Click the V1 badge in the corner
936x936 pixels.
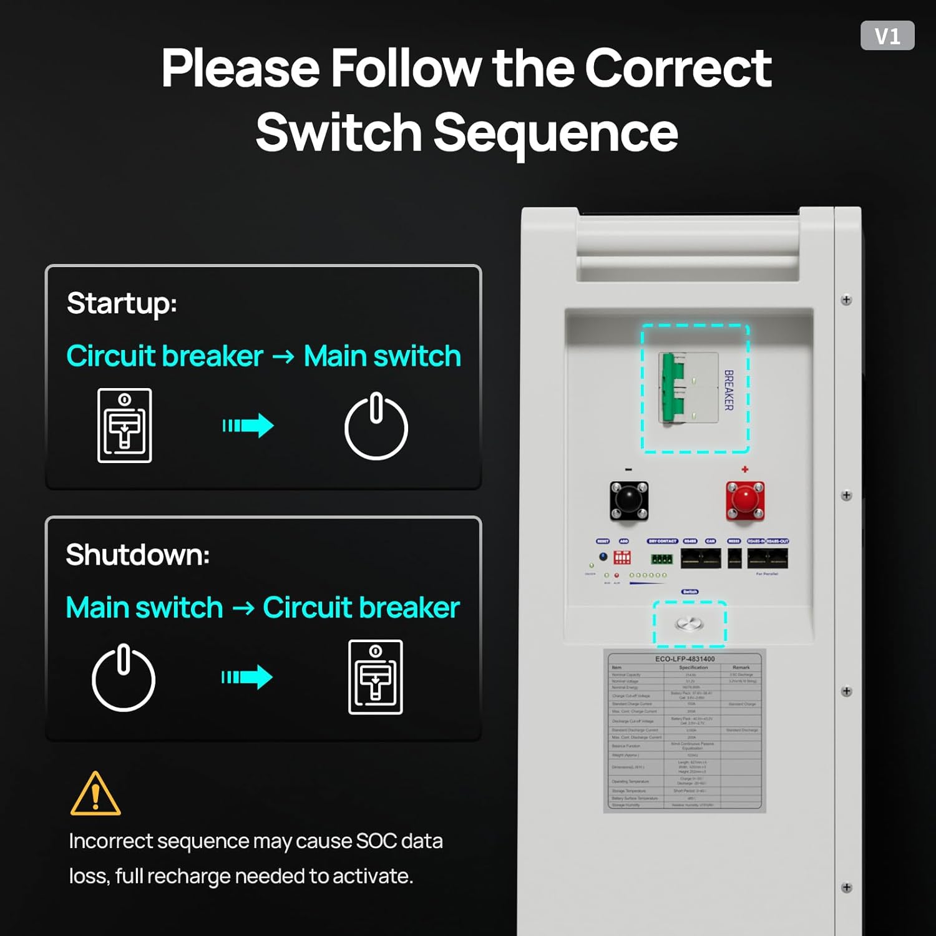pyautogui.click(x=887, y=36)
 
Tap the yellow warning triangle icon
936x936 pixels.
pyautogui.click(x=95, y=794)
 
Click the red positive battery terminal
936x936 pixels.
pyautogui.click(x=744, y=500)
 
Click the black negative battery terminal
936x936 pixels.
pyautogui.click(x=628, y=500)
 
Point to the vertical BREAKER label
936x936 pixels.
pyautogui.click(x=728, y=390)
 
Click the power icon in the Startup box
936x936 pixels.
pyautogui.click(x=376, y=426)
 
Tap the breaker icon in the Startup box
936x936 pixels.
pyautogui.click(x=125, y=426)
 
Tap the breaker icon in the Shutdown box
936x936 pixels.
pyautogui.click(x=375, y=677)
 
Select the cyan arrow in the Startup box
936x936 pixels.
pyautogui.click(x=248, y=426)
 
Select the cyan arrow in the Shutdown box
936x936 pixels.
pyautogui.click(x=247, y=677)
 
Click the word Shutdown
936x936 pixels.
pyautogui.click(x=137, y=555)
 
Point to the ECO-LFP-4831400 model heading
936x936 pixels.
pyautogui.click(x=685, y=658)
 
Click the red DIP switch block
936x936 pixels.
pyautogui.click(x=622, y=557)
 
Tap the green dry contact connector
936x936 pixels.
pyautogui.click(x=661, y=559)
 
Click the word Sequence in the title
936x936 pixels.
pyautogui.click(x=555, y=132)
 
